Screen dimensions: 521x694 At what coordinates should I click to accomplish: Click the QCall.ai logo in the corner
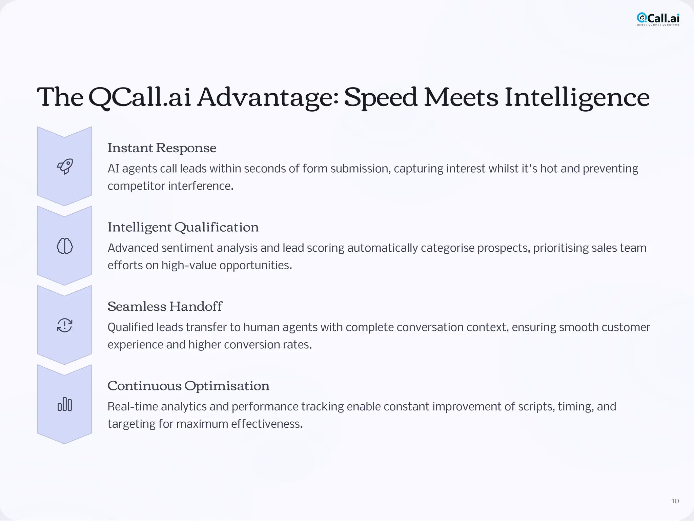[x=658, y=18]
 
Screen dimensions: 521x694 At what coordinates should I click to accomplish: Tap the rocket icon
[x=64, y=166]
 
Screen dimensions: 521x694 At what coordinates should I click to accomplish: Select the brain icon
[x=64, y=246]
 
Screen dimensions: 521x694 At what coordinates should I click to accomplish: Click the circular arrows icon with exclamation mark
[x=64, y=325]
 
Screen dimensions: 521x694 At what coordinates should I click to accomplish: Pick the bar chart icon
[x=64, y=405]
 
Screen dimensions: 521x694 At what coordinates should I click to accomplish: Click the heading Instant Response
[x=162, y=148]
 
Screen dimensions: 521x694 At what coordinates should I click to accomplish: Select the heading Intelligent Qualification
[x=183, y=227]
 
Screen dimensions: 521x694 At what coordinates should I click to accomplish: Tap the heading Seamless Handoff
[x=165, y=307]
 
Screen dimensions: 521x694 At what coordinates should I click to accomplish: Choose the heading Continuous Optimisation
[x=188, y=386]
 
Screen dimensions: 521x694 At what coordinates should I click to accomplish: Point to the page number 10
[x=675, y=501]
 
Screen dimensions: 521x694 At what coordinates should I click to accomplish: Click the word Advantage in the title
[x=268, y=97]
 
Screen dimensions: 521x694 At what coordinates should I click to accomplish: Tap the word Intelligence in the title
[x=577, y=97]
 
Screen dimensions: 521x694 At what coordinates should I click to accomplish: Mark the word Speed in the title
[x=380, y=97]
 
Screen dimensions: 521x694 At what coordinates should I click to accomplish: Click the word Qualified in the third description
[x=130, y=328]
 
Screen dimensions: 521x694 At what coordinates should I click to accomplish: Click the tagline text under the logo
[x=658, y=25]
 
